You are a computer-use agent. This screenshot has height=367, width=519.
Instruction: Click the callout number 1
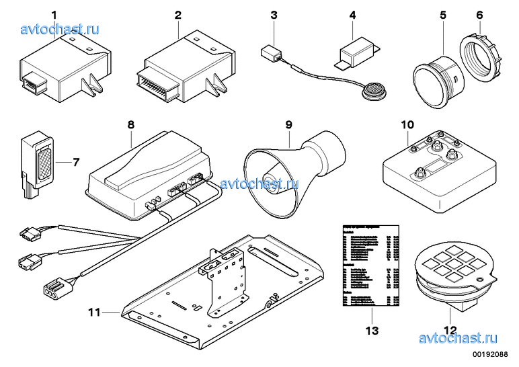tap(54, 14)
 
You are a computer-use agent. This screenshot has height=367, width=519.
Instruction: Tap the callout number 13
tap(372, 331)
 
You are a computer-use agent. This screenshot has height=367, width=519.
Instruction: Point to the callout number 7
tap(76, 162)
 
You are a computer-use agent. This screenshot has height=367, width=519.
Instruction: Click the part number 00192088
tap(493, 354)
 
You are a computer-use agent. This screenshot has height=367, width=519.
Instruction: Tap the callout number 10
tap(408, 124)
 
